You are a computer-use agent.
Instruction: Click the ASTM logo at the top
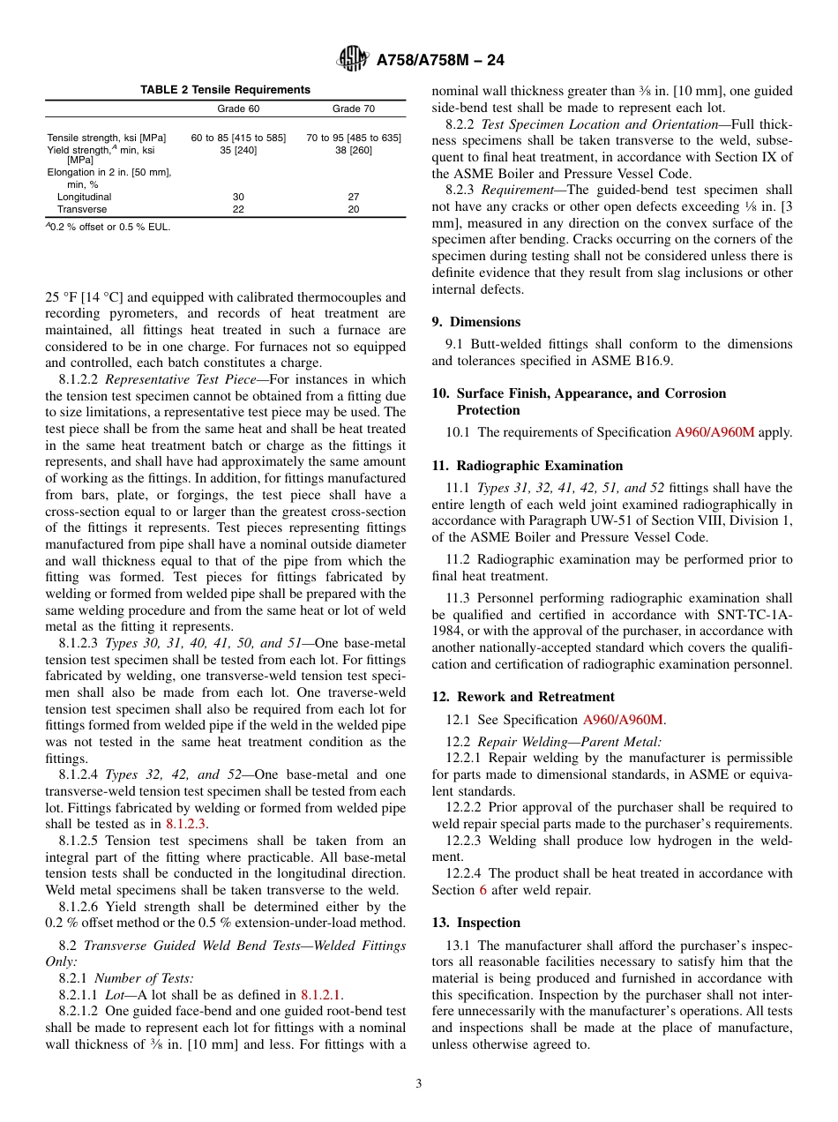[353, 59]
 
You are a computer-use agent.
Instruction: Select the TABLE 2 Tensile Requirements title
[226, 90]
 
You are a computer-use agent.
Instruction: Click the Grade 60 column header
[237, 109]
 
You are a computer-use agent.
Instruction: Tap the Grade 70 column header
[353, 109]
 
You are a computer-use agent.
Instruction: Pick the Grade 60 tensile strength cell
[238, 138]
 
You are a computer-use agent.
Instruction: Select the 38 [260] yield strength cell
[353, 150]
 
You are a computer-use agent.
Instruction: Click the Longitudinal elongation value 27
[353, 198]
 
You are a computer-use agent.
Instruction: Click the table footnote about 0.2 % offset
[108, 227]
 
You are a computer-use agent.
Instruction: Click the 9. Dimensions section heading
[476, 322]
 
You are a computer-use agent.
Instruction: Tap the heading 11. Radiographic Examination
[527, 466]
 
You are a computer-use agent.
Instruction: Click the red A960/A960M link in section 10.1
[715, 432]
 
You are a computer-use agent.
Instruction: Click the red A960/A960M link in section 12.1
[624, 720]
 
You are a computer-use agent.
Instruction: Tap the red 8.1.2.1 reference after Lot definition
[322, 994]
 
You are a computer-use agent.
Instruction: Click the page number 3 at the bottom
[419, 1084]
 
